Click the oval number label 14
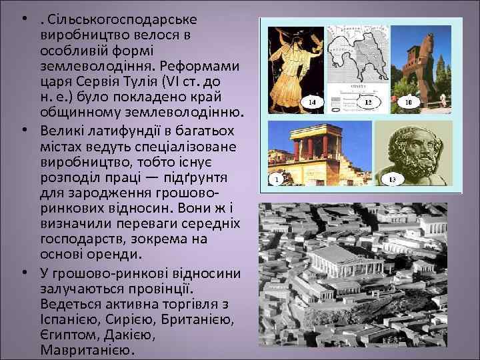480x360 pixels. pyautogui.click(x=313, y=103)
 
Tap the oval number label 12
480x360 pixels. pyautogui.click(x=368, y=103)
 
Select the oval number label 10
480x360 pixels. pyautogui.click(x=408, y=103)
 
